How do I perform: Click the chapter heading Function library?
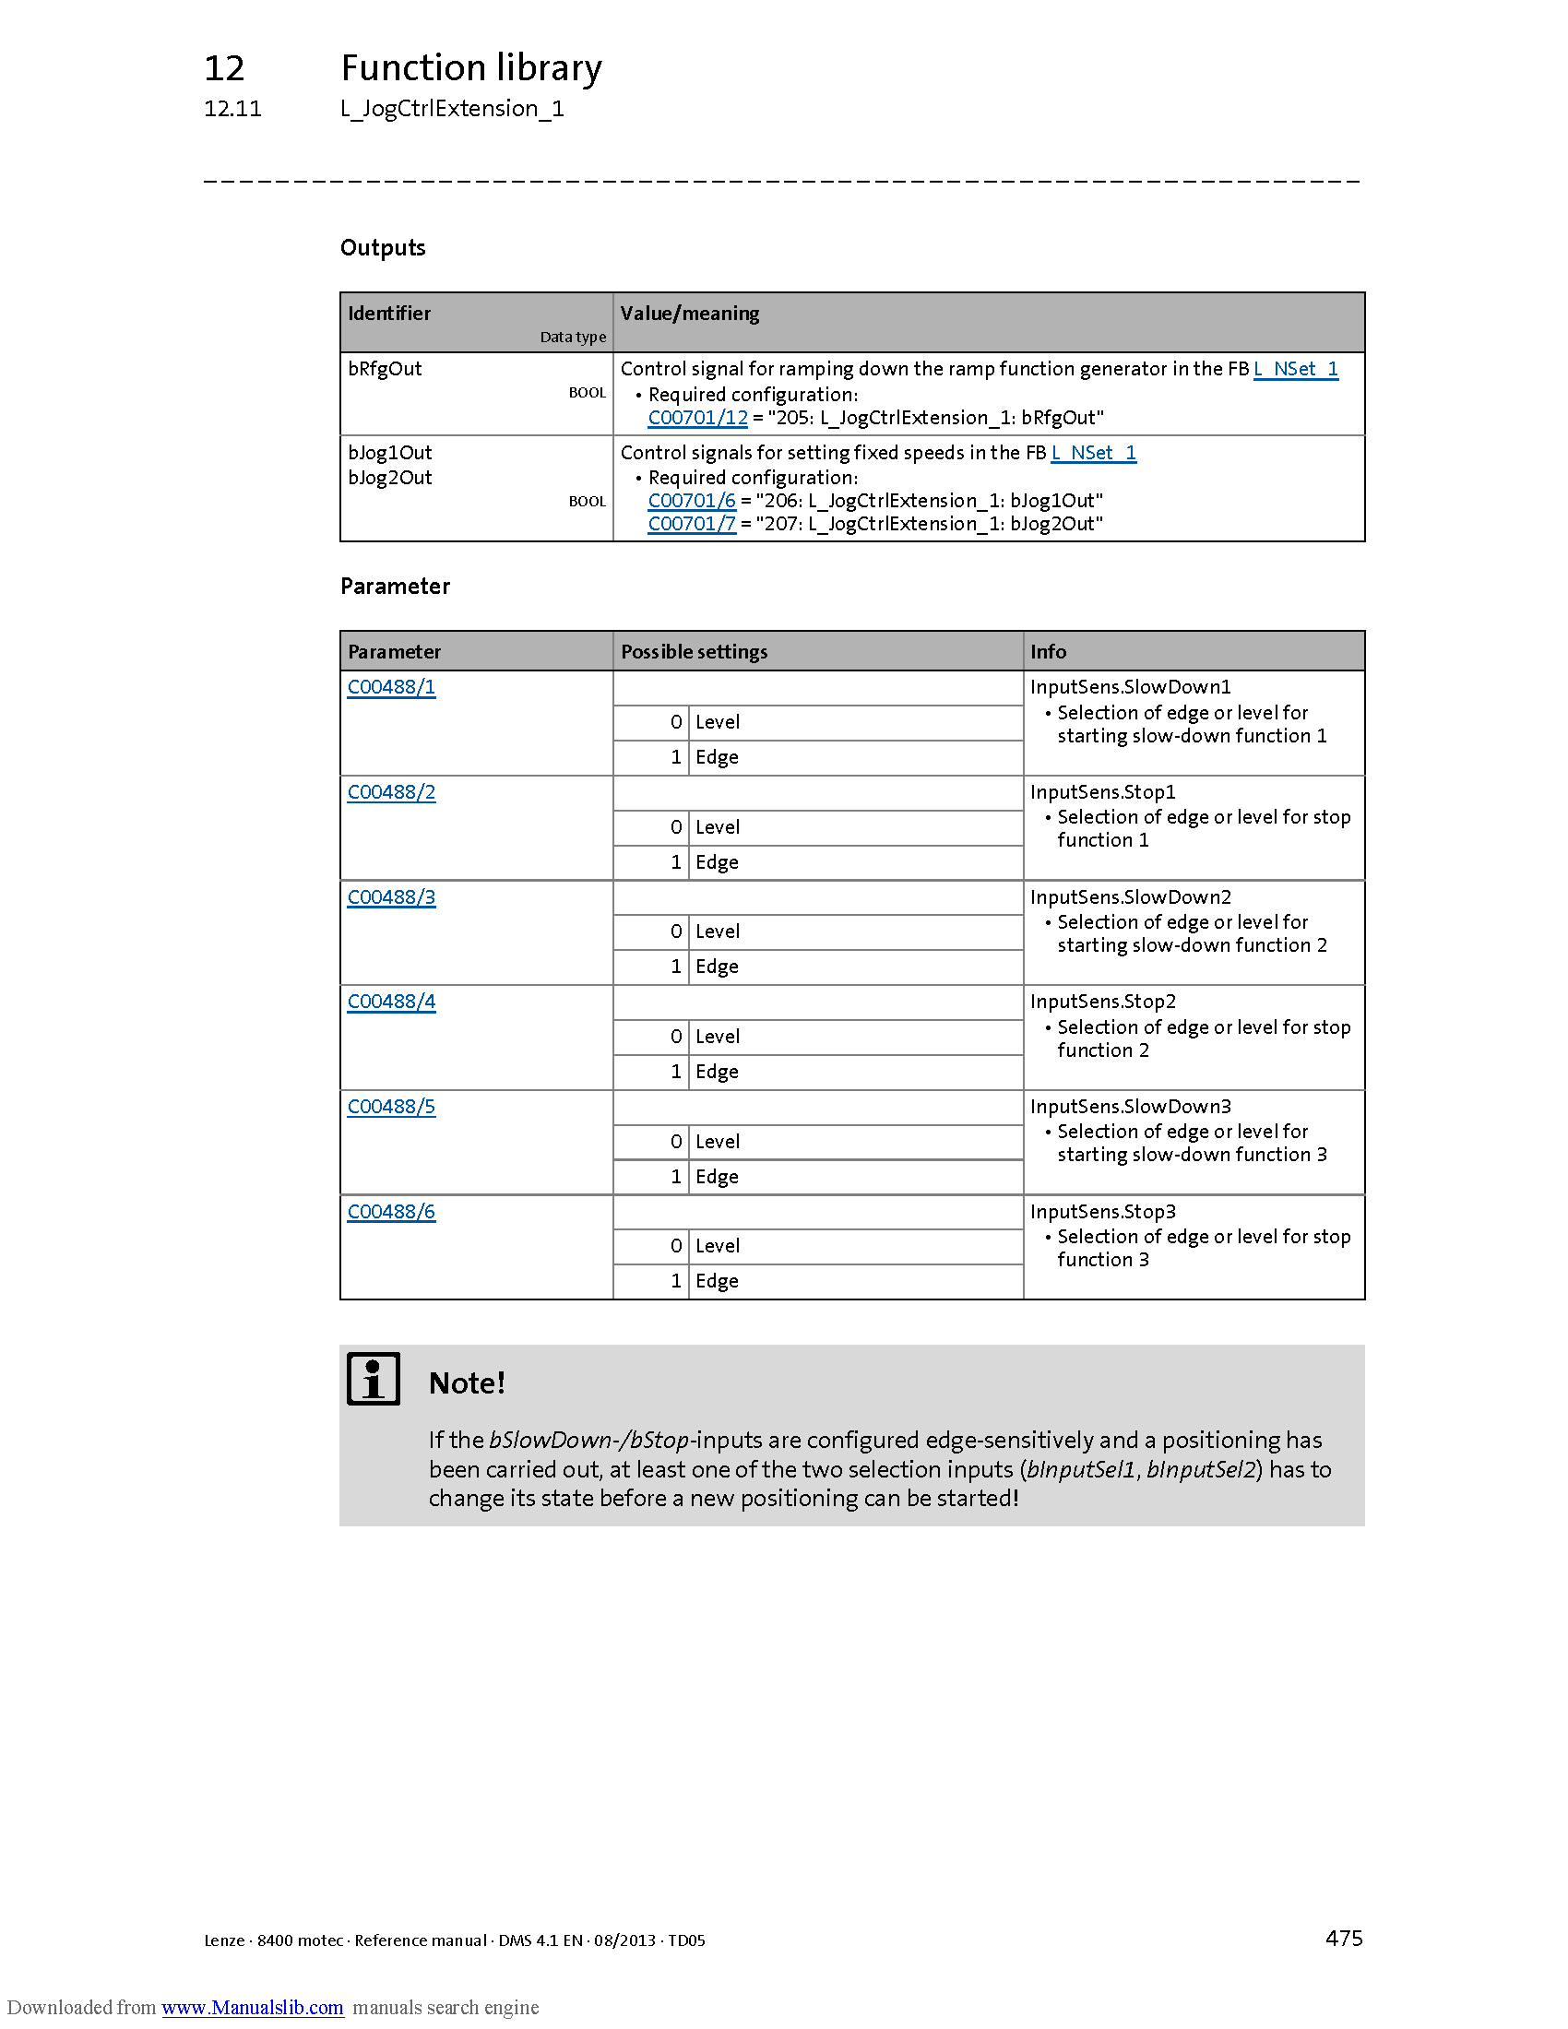click(x=471, y=68)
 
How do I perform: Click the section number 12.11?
click(x=232, y=109)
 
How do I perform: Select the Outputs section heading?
click(x=383, y=248)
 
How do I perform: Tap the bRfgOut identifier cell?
click(x=385, y=369)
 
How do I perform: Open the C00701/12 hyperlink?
click(x=696, y=418)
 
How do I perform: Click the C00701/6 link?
click(x=691, y=501)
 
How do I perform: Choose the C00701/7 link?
click(x=691, y=524)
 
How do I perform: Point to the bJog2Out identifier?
click(x=390, y=478)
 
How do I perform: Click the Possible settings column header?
click(x=694, y=652)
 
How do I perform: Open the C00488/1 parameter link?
click(x=391, y=687)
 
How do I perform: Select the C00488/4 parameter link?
click(x=391, y=1003)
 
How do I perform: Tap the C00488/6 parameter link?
click(x=391, y=1213)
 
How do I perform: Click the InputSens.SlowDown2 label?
click(x=1131, y=897)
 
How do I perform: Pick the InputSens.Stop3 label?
click(x=1102, y=1213)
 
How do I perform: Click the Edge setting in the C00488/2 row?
click(x=716, y=863)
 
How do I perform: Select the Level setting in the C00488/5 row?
click(x=717, y=1142)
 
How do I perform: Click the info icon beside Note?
click(x=374, y=1379)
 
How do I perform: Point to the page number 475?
click(x=1343, y=1938)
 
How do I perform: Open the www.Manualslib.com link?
click(x=252, y=2007)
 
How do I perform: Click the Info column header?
click(x=1048, y=652)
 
